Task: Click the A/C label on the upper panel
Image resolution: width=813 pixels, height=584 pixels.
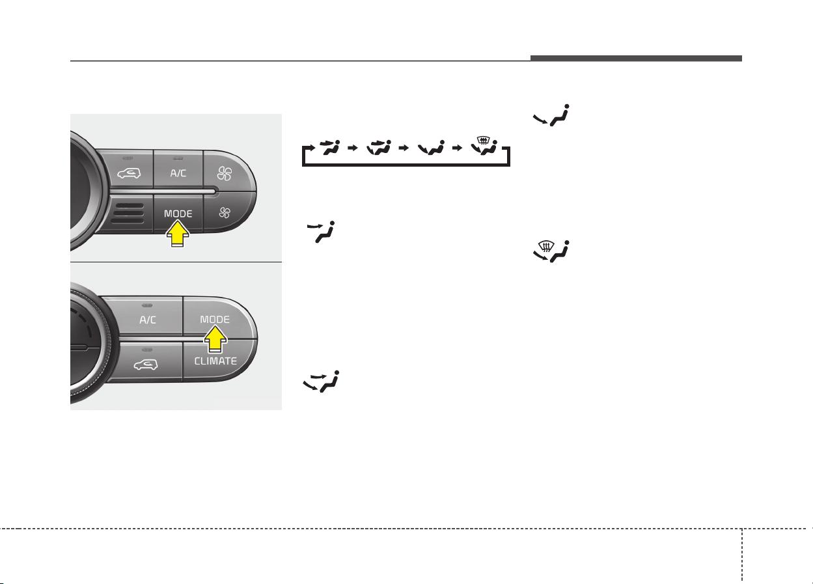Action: [178, 173]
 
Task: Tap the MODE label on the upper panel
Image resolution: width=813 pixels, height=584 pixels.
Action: [178, 214]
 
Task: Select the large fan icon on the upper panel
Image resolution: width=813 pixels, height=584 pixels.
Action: [225, 173]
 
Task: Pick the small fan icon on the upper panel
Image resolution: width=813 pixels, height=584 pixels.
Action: [225, 212]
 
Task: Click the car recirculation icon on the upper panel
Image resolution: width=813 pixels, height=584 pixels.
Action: [129, 173]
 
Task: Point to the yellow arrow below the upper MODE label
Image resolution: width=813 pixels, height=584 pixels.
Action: [178, 234]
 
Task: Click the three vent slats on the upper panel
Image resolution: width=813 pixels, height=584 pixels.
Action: [130, 214]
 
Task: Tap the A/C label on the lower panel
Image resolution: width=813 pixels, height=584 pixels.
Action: [148, 320]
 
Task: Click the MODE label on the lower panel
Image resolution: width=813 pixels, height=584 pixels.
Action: [215, 320]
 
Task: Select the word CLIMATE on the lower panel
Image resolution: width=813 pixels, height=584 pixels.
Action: [215, 361]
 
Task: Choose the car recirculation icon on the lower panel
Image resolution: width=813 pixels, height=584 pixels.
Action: [146, 365]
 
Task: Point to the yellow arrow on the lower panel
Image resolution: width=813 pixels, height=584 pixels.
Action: [215, 339]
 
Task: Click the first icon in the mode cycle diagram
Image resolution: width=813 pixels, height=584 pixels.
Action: [329, 147]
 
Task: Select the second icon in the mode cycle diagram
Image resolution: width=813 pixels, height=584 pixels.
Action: [379, 147]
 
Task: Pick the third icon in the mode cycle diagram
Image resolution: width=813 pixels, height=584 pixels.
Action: [431, 148]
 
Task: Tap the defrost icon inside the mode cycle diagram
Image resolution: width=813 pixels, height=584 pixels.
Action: [484, 146]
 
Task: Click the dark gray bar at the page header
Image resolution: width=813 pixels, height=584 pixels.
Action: [636, 59]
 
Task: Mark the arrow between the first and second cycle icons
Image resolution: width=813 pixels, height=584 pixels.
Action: [353, 148]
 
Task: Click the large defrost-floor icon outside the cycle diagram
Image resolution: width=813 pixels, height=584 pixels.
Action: [551, 251]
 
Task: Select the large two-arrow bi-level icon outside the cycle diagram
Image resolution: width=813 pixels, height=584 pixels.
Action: [321, 382]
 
